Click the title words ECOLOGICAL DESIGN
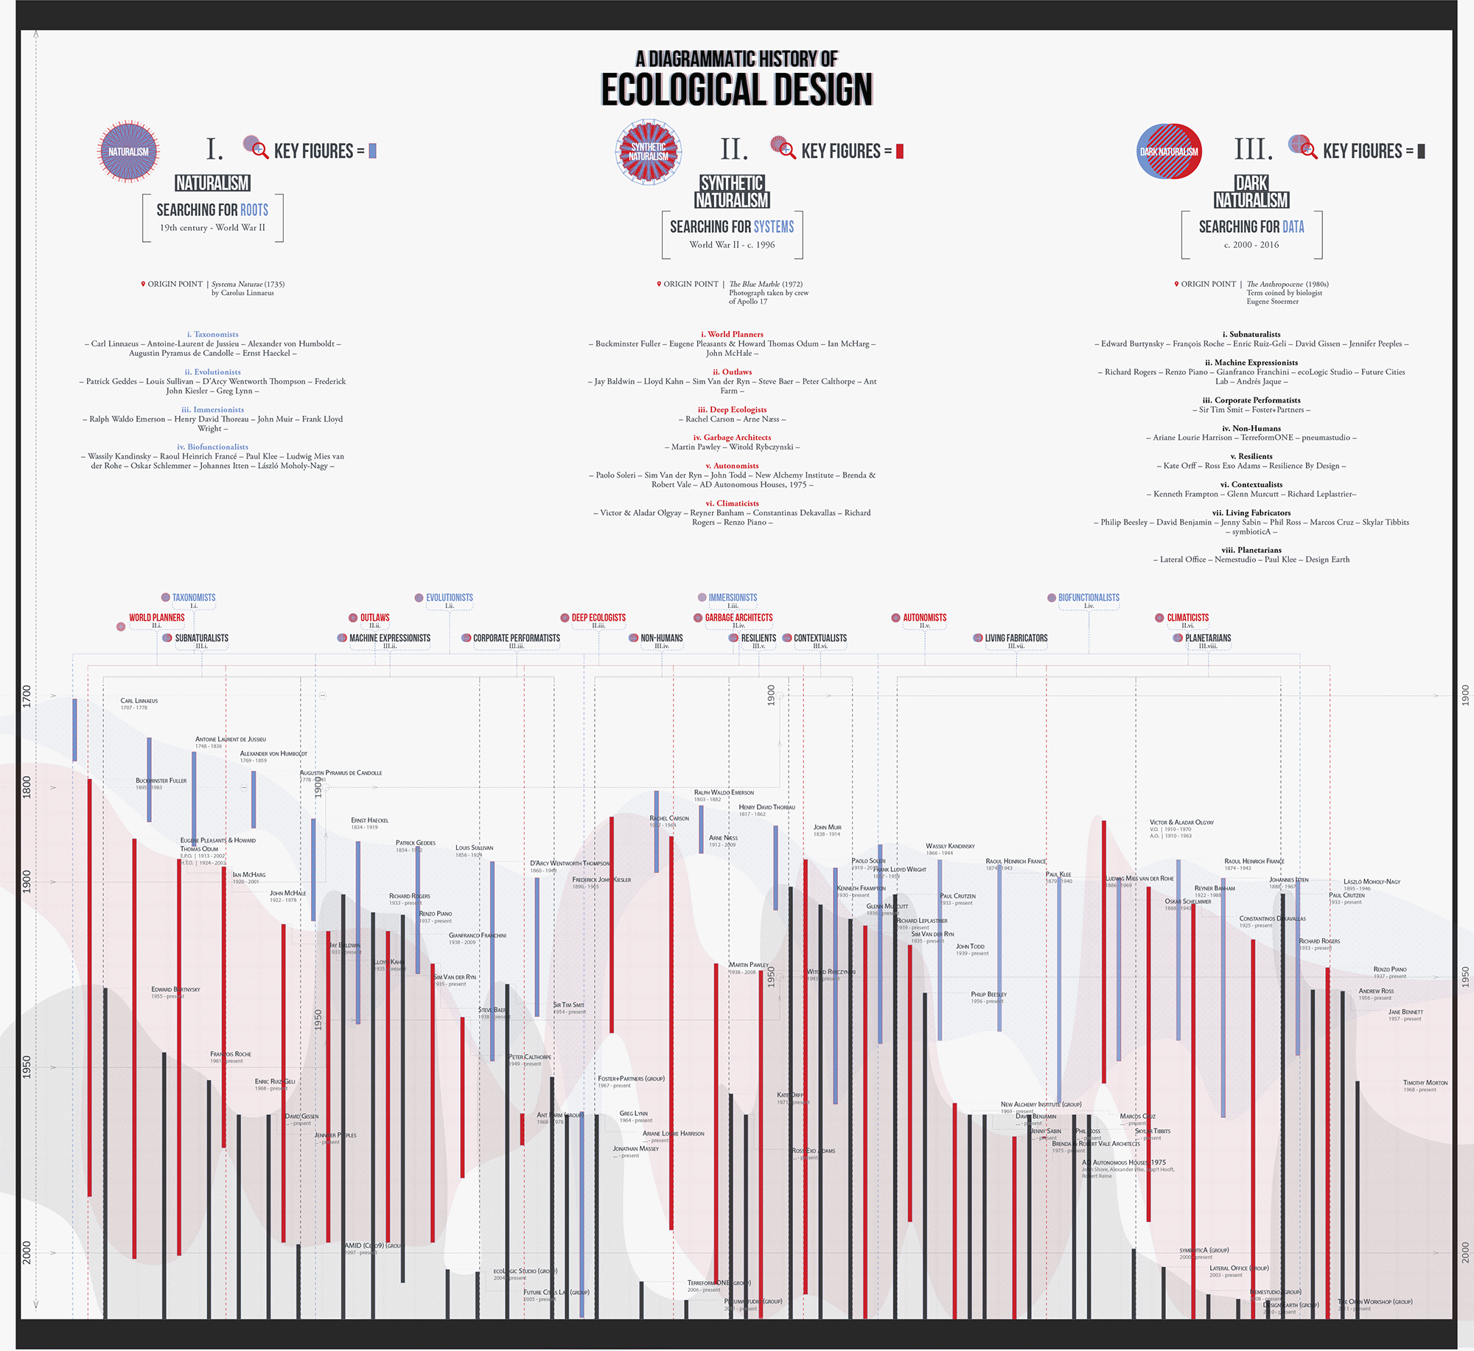[736, 90]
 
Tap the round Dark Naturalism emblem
[1169, 151]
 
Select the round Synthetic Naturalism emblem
[649, 152]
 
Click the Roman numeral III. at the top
[1253, 150]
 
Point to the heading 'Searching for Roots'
[212, 210]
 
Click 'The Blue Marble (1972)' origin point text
[766, 284]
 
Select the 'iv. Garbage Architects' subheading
[732, 437]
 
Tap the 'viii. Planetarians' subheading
[1251, 550]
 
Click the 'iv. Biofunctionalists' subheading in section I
[212, 447]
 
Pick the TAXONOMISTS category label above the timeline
[194, 598]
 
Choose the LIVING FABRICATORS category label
[1016, 638]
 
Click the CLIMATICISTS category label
[1187, 618]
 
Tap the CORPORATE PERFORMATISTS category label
[516, 638]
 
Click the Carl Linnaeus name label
[139, 701]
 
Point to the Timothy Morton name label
[1425, 1083]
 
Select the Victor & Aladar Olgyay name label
[1181, 822]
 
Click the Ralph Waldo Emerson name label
[724, 792]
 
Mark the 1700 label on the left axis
[27, 696]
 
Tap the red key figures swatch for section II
[899, 151]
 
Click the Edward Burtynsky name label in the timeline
[175, 989]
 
